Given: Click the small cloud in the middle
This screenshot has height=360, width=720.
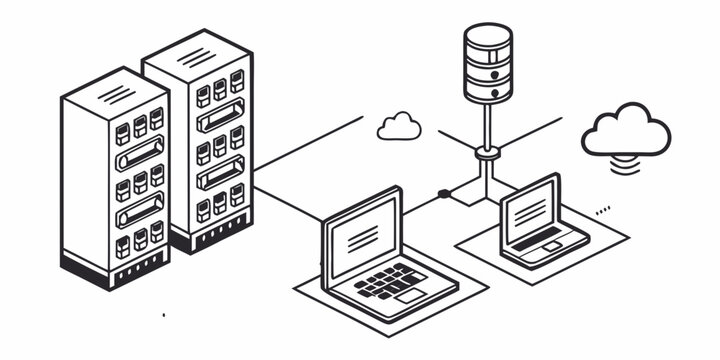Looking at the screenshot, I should coord(399,127).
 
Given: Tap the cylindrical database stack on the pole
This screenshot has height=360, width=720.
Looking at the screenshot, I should coord(488,63).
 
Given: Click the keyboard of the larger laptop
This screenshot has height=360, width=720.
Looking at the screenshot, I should coord(391,281).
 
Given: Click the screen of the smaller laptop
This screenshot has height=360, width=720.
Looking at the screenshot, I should coord(529,210).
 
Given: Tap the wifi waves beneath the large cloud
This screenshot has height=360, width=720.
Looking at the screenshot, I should coord(627,164).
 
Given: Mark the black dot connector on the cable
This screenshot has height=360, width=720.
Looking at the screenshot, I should coord(443,192).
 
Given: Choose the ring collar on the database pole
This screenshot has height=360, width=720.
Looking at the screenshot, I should coord(487,152).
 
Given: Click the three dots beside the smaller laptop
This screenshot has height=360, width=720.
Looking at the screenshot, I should coord(602,210).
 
